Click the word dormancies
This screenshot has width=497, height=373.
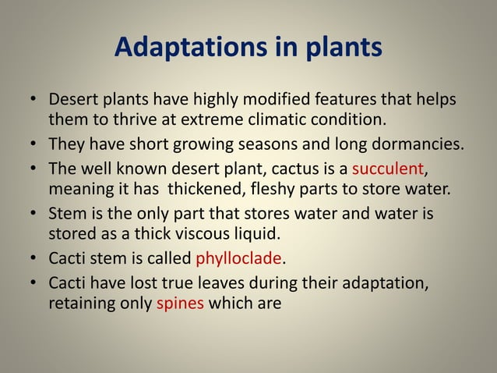(414, 144)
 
